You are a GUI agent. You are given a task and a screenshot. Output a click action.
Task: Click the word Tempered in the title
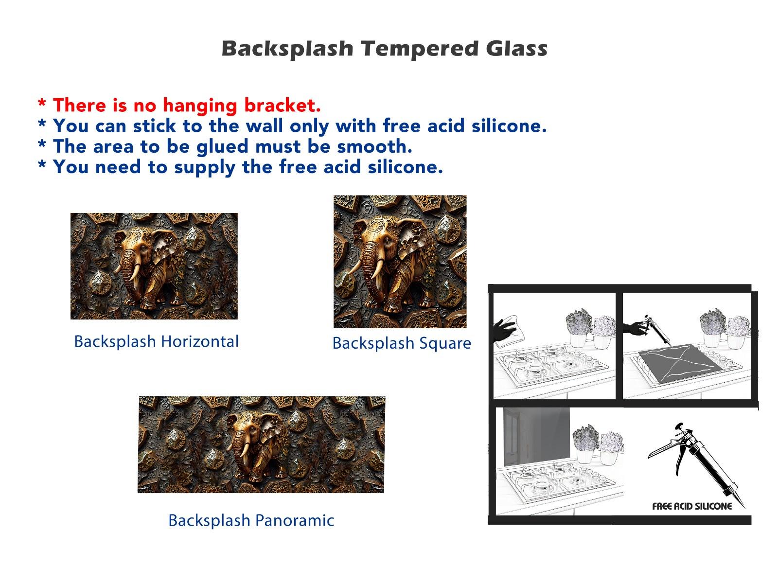(x=420, y=49)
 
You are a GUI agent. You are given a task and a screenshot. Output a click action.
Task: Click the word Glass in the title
(x=517, y=48)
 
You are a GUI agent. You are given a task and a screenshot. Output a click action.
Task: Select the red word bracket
(x=282, y=105)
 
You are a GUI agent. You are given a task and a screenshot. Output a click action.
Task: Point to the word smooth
(x=374, y=146)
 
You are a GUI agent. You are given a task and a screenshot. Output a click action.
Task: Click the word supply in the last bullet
(x=205, y=168)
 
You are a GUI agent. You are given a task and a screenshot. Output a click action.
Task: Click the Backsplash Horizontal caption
(x=156, y=342)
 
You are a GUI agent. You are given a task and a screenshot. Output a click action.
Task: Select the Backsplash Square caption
(x=402, y=344)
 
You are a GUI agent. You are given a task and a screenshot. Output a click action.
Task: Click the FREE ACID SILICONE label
(x=692, y=507)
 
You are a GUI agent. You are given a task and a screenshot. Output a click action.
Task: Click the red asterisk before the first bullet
(x=42, y=103)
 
